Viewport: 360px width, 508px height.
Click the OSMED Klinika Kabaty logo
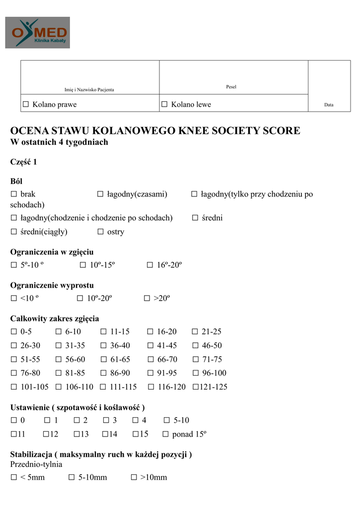coord(38,32)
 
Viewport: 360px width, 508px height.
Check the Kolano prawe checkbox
coord(26,104)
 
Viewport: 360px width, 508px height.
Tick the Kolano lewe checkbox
coord(164,104)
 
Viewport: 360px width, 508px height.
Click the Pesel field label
coord(231,87)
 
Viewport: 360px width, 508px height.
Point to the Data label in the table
coord(329,105)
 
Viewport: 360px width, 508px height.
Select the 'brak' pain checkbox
coord(14,194)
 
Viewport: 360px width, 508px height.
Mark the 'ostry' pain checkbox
coord(101,232)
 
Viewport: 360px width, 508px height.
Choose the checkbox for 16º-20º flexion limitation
coord(150,265)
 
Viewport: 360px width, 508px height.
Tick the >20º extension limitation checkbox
coord(147,299)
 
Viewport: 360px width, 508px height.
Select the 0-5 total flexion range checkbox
coord(14,332)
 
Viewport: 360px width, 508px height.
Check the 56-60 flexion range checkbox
coord(59,359)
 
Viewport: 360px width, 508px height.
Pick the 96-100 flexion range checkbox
coord(195,373)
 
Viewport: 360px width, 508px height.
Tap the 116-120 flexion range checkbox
coord(150,387)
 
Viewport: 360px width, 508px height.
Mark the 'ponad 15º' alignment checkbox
coord(166,435)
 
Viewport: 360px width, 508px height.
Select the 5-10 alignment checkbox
coord(167,421)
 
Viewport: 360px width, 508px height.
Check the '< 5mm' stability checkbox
coord(14,478)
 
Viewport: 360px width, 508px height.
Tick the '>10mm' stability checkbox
coord(134,478)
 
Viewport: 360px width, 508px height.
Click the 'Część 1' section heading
coord(23,162)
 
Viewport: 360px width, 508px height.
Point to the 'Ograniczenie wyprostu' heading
coord(52,285)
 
